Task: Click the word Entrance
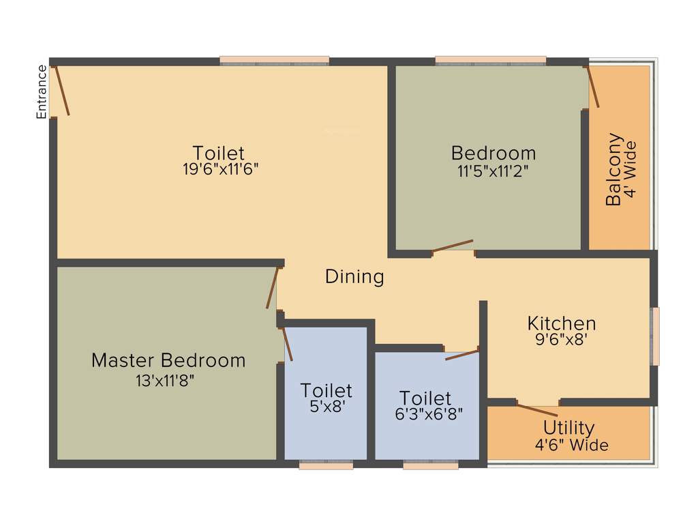(42, 91)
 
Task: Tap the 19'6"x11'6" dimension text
(220, 170)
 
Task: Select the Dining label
(354, 277)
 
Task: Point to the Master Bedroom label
(168, 360)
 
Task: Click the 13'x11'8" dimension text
(166, 381)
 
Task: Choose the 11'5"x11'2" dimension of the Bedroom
(493, 171)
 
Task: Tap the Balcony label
(614, 169)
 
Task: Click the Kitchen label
(562, 323)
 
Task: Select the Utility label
(568, 428)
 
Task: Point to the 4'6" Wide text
(571, 446)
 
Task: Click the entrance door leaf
(61, 90)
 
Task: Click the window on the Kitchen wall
(654, 336)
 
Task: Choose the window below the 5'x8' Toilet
(326, 466)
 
